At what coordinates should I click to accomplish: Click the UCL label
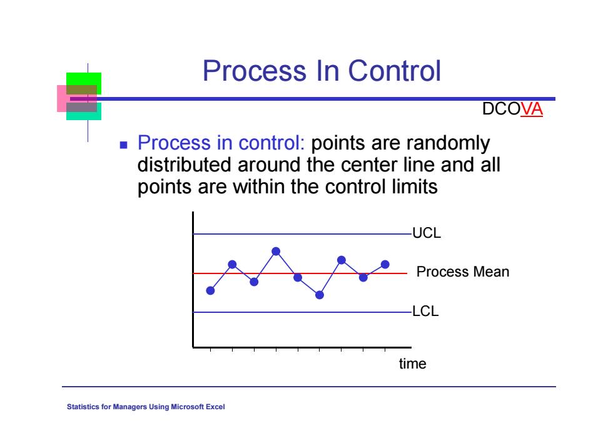click(427, 233)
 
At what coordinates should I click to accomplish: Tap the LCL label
click(425, 312)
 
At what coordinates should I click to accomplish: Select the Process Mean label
click(462, 272)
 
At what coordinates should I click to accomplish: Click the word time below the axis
click(412, 364)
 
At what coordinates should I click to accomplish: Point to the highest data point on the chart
click(276, 251)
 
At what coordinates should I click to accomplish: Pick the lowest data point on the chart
click(320, 295)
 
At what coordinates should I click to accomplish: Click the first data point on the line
click(210, 290)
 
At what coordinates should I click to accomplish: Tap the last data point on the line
click(385, 265)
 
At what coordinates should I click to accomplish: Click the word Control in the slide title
click(395, 71)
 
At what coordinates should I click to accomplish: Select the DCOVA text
click(512, 109)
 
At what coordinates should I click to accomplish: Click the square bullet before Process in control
click(124, 145)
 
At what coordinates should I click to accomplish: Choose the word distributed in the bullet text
click(185, 165)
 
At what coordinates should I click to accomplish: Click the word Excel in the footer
click(215, 407)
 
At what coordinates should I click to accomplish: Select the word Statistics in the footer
click(83, 407)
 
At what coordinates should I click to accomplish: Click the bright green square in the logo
click(84, 79)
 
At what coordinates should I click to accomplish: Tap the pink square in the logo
click(62, 99)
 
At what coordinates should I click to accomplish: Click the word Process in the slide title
click(255, 71)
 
